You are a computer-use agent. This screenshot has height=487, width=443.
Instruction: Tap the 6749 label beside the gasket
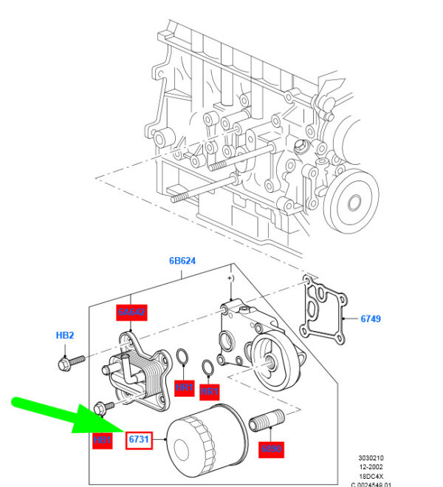point(371,319)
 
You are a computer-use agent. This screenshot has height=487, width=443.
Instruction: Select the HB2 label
point(66,335)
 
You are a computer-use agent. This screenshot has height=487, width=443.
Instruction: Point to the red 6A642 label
point(133,313)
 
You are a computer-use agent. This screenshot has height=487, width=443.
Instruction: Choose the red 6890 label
point(271,449)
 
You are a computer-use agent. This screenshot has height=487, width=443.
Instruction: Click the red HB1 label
point(103,441)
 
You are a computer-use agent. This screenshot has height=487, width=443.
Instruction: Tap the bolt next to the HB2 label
point(69,362)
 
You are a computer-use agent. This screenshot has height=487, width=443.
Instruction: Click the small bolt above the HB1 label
point(104,406)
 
